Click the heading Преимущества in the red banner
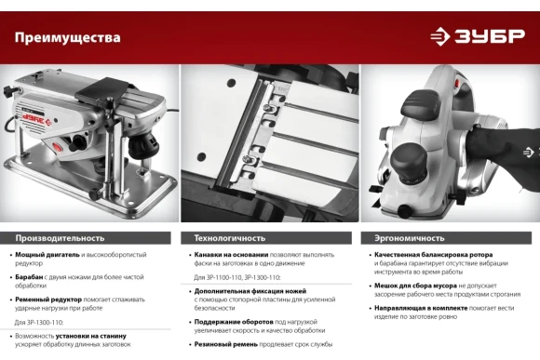coord(67,37)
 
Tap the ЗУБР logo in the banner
coord(478,36)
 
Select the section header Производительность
coord(60,238)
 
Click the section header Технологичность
coord(230,238)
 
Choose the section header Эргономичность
coord(410,238)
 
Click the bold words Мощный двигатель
coord(47,255)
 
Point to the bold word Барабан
coord(29,277)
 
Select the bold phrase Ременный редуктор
coord(48,300)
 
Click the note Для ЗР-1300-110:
coord(39,323)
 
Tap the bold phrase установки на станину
coord(91,336)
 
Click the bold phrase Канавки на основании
coord(231,255)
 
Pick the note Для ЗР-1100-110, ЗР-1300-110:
coord(236,277)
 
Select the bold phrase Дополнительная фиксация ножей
coord(250,291)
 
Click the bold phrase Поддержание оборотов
coord(234,322)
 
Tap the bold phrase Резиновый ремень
coord(226,344)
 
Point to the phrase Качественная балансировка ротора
coord(434,255)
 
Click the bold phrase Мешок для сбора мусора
coord(415,286)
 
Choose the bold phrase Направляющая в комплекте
coord(421,308)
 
